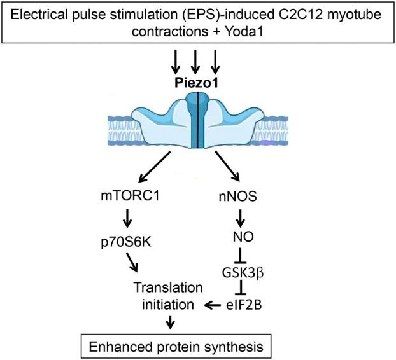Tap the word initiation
coord(169,305)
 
